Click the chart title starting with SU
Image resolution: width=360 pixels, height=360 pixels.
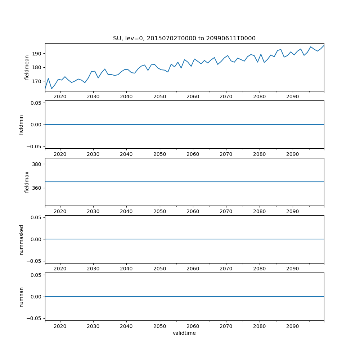tap(184, 39)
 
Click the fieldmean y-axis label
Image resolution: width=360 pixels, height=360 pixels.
tap(27, 67)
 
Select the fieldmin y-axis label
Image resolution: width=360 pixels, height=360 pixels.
tap(21, 125)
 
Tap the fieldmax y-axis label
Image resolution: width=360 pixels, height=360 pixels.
tap(27, 182)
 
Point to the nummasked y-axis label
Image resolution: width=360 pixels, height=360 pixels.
tap(21, 239)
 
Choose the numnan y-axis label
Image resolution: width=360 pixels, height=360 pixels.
tap(21, 297)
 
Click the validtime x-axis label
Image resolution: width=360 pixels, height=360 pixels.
tap(184, 333)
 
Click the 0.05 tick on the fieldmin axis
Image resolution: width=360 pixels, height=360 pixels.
tap(36, 103)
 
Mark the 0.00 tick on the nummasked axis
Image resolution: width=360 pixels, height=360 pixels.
tap(36, 239)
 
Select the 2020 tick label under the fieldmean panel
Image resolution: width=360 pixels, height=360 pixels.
tap(60, 97)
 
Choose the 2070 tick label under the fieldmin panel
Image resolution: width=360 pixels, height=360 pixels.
tap(226, 154)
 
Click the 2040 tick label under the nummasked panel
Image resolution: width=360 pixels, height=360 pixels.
tap(126, 269)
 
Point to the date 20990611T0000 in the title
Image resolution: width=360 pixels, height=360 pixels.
tap(231, 39)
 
